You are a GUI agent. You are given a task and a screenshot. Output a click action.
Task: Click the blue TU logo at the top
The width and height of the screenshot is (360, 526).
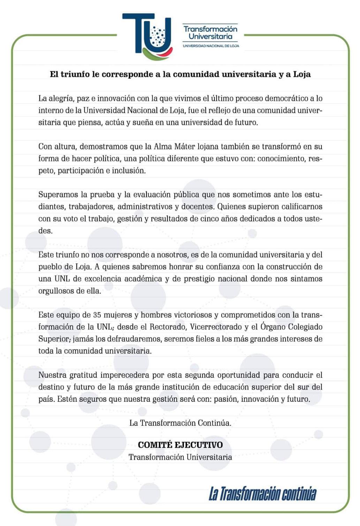[147, 35]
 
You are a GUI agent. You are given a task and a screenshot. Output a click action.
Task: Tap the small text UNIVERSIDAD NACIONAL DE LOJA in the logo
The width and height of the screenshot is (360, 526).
[211, 46]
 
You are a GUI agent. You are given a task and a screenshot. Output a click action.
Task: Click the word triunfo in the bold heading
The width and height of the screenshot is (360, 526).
[75, 74]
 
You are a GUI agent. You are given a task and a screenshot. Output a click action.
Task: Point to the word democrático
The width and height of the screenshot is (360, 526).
[288, 98]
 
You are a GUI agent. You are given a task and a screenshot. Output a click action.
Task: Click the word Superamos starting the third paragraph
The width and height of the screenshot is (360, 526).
[56, 195]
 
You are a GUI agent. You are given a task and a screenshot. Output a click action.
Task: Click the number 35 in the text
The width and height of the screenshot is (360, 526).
[97, 315]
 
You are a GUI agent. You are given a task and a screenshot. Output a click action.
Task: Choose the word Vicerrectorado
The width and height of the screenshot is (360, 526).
[216, 327]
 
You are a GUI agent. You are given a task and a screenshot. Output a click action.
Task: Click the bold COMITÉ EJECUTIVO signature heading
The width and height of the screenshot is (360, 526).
[180, 445]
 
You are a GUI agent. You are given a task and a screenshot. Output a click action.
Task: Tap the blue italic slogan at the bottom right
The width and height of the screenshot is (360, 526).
[262, 494]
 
